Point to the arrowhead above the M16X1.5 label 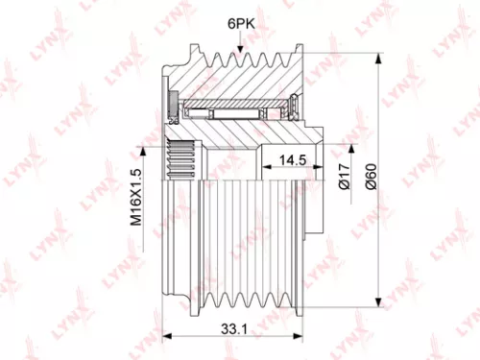tap(145, 147)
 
